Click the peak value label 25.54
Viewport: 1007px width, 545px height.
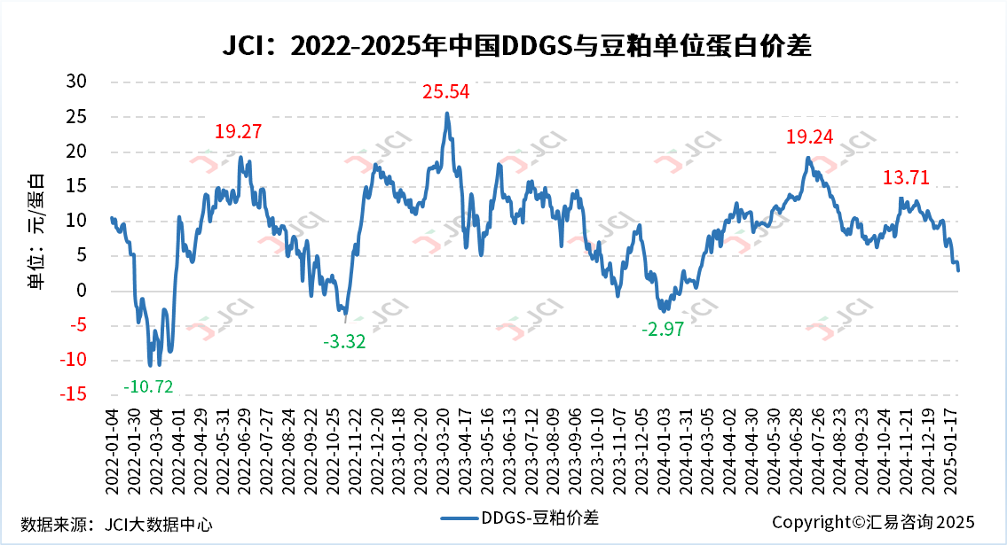pos(445,91)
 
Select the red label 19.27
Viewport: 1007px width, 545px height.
pos(239,132)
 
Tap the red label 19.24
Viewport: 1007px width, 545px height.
pos(810,136)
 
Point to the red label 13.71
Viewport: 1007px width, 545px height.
pos(906,177)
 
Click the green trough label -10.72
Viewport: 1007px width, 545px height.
pos(148,385)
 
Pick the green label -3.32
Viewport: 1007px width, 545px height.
pos(344,341)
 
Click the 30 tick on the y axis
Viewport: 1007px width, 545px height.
pos(78,82)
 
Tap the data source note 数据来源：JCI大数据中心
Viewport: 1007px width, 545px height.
pos(116,524)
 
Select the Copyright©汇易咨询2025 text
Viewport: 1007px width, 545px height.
pos(873,522)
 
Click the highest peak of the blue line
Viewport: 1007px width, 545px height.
pos(447,113)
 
